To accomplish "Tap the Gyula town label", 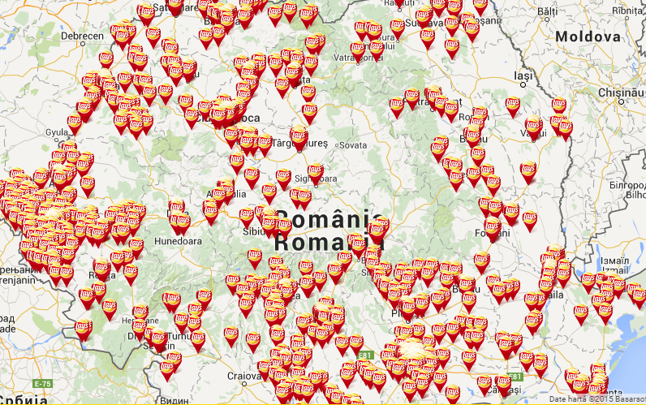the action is point(57,131).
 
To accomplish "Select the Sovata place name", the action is point(352,145).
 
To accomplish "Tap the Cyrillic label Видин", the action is point(175,399).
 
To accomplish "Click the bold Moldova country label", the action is point(588,37).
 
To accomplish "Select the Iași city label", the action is point(523,75).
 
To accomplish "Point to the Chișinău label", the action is point(621,93).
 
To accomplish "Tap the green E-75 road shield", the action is point(42,382).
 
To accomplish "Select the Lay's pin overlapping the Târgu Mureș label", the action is point(299,139).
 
